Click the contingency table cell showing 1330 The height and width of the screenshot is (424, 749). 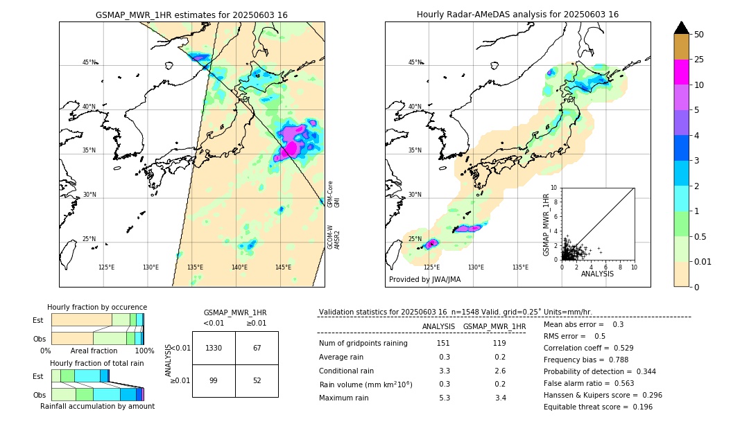tap(214, 348)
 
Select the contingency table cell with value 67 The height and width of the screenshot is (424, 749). tap(257, 348)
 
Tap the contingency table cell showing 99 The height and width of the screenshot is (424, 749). tap(214, 380)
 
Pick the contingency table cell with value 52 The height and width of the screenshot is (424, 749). tap(257, 380)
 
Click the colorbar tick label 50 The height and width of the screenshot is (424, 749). tap(699, 34)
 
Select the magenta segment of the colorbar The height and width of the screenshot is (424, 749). tap(681, 72)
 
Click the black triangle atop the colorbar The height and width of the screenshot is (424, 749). tap(681, 28)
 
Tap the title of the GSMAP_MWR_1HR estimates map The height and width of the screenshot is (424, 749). tap(191, 15)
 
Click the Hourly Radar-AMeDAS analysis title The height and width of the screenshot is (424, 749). tap(517, 15)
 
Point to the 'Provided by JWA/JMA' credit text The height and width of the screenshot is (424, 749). tap(424, 280)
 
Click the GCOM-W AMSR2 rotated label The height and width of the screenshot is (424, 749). tap(334, 236)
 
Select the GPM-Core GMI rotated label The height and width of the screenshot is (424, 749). tap(334, 194)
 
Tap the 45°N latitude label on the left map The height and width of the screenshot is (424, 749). tap(89, 62)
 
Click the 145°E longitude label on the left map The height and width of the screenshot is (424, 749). tap(283, 267)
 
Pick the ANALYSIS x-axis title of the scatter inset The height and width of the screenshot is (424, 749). tap(597, 274)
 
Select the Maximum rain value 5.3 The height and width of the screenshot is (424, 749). tap(444, 398)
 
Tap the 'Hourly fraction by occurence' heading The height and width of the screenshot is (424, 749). tap(97, 307)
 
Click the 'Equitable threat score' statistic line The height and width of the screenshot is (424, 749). tap(598, 407)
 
